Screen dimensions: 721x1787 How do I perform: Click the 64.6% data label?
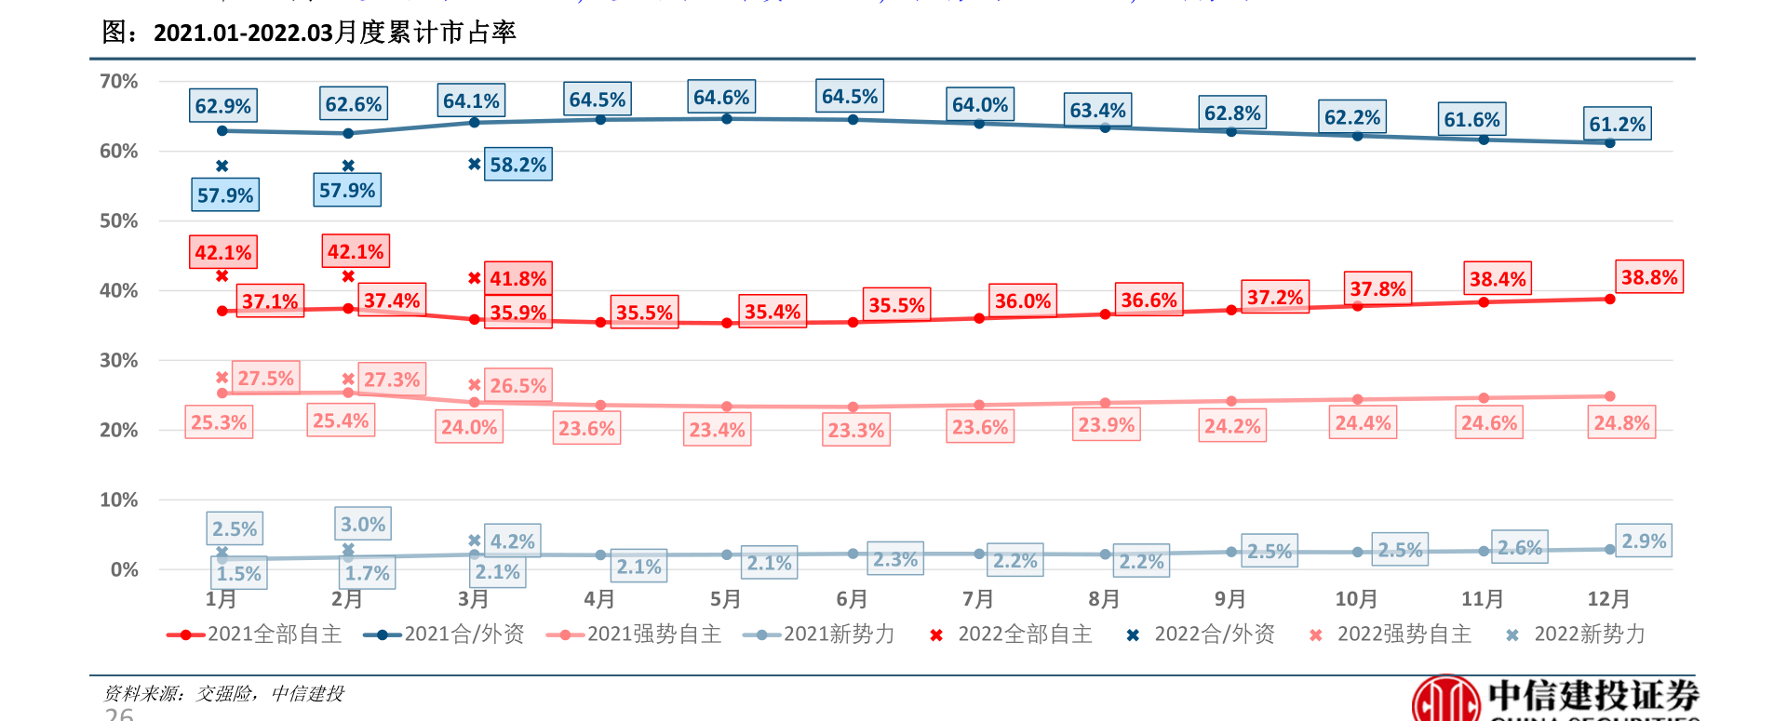(x=721, y=98)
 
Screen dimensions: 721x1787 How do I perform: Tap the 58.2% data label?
(x=518, y=165)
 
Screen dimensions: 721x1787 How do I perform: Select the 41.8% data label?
(x=518, y=279)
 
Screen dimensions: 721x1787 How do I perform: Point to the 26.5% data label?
(x=518, y=385)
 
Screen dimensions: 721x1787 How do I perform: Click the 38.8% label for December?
(x=1649, y=277)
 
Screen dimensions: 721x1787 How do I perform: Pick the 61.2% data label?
(x=1618, y=124)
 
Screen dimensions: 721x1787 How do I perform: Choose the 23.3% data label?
(x=856, y=431)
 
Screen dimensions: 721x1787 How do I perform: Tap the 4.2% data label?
(x=513, y=541)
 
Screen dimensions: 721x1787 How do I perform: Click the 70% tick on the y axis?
(x=119, y=82)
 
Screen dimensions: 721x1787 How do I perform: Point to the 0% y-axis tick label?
(x=125, y=569)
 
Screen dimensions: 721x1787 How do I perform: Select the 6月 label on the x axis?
(x=852, y=599)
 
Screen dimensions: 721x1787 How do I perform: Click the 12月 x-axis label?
(x=1608, y=599)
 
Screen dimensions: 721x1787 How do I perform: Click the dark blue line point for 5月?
(x=727, y=119)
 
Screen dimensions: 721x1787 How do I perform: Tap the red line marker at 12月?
(x=1610, y=300)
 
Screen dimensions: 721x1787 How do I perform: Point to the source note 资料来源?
(x=223, y=694)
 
